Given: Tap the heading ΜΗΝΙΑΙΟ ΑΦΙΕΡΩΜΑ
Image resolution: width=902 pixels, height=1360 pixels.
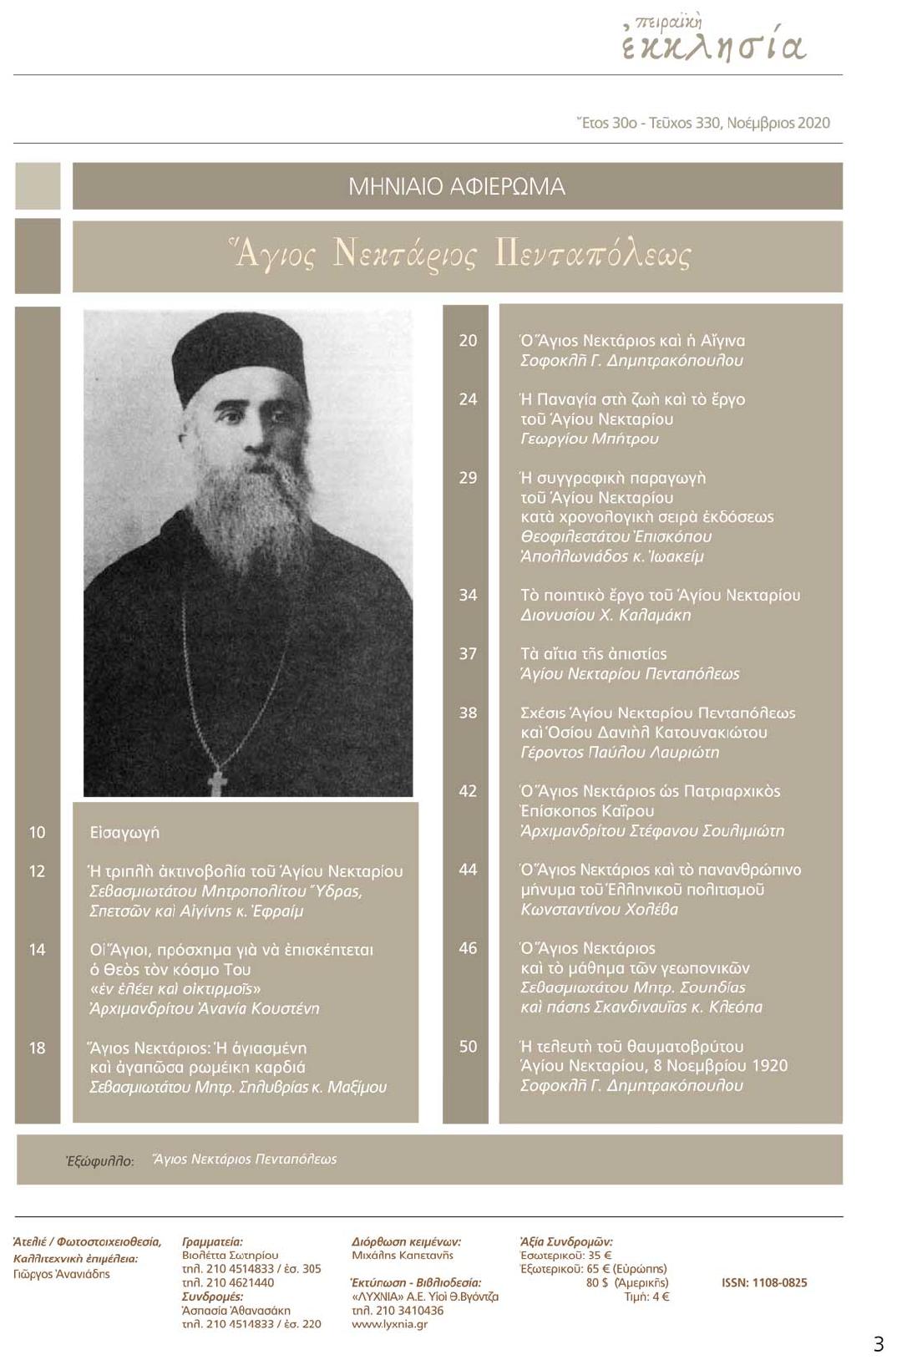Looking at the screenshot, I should click(x=456, y=186).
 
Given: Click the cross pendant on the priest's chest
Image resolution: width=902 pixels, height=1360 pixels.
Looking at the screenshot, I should click(x=218, y=782).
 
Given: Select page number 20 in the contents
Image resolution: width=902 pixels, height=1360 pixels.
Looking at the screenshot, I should click(x=468, y=341).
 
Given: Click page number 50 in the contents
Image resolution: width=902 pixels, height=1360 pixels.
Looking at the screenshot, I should click(x=468, y=1047).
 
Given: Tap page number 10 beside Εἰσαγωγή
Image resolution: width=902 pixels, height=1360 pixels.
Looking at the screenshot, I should click(x=38, y=832).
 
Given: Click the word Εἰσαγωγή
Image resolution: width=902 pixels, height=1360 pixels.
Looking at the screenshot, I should click(x=124, y=833).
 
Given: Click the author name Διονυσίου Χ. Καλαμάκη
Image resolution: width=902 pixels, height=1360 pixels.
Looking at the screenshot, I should click(x=606, y=616).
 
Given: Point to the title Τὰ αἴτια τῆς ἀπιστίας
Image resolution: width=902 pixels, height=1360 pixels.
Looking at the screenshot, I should click(x=593, y=654).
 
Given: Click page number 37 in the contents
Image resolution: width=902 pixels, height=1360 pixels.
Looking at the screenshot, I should click(x=468, y=654).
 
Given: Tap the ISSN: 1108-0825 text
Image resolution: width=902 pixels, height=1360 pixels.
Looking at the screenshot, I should click(x=764, y=1282).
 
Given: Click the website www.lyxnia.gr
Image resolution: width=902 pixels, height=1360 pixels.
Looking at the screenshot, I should click(x=389, y=1324).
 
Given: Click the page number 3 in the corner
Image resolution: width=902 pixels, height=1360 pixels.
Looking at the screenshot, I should click(x=878, y=1344).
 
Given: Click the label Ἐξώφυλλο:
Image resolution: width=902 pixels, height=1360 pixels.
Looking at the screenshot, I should click(x=99, y=1160).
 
